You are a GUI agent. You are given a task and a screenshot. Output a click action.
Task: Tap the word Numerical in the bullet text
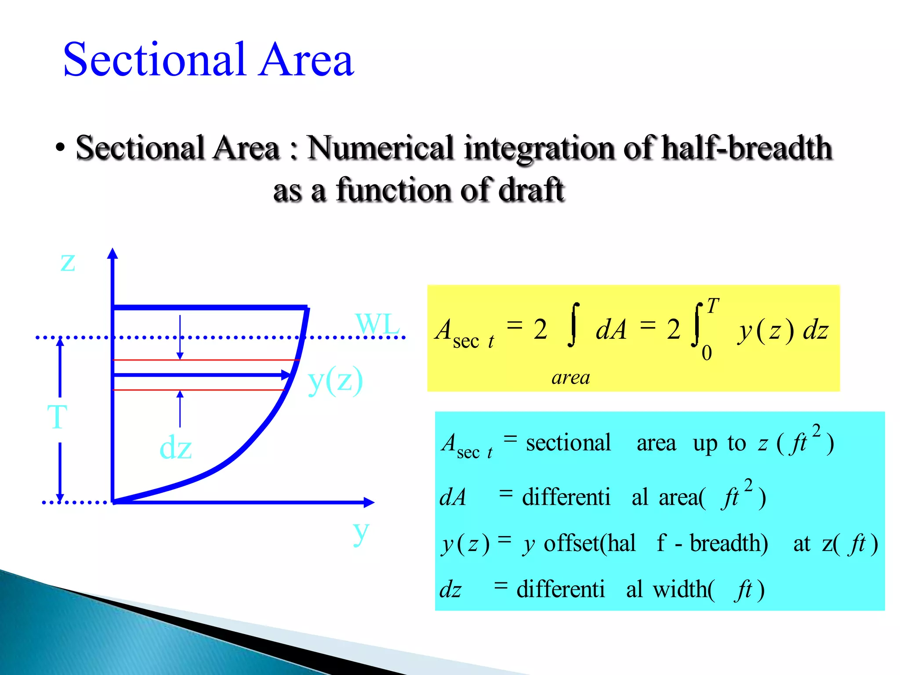380,148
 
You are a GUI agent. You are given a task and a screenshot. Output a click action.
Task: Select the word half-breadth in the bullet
747,148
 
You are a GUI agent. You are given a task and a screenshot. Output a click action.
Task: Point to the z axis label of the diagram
68,262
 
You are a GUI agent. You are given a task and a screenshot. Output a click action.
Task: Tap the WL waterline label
377,324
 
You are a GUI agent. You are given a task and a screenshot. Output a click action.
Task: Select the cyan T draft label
57,417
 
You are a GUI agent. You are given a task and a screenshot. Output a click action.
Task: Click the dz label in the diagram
175,448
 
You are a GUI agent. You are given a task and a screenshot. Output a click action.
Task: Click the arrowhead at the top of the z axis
112,253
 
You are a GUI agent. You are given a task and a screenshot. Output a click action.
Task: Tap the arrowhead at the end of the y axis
369,502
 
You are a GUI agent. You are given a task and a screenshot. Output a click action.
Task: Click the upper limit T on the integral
713,306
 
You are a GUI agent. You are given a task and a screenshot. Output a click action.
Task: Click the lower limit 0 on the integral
707,353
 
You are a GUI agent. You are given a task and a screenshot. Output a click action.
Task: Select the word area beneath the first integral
570,377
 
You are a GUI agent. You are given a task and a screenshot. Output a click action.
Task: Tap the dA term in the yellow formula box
611,330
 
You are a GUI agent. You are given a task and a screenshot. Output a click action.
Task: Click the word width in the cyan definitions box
683,589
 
